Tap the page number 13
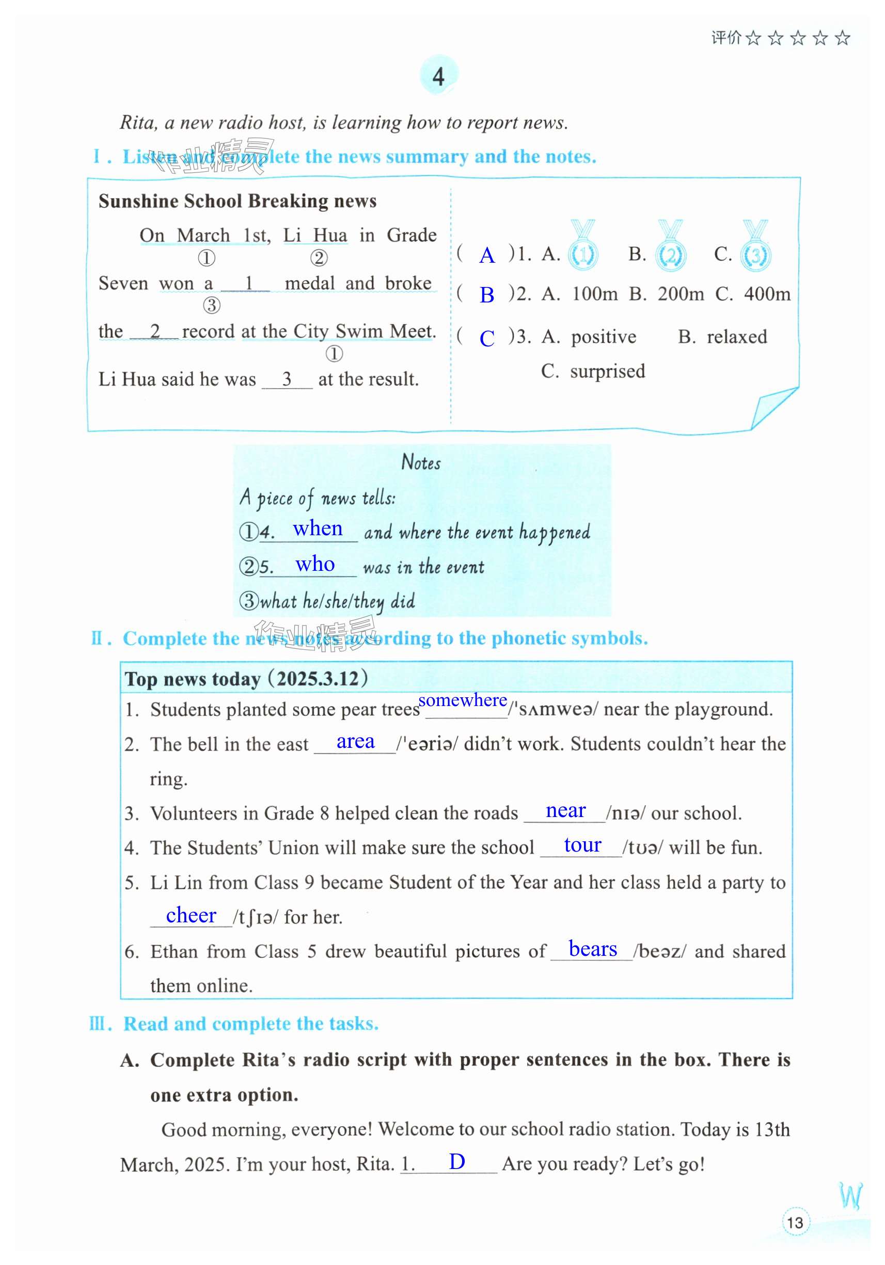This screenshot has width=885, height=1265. [795, 1223]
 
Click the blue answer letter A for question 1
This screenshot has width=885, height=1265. [486, 255]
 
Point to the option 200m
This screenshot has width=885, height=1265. [680, 294]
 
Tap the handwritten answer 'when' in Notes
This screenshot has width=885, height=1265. [318, 529]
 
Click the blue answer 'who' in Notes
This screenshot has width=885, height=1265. [314, 564]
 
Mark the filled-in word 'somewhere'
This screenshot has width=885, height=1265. [462, 700]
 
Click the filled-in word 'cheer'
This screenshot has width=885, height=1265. [191, 915]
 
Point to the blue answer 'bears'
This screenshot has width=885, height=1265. [592, 949]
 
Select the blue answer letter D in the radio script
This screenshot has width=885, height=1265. [457, 1161]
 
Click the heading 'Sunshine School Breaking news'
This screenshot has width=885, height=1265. [238, 201]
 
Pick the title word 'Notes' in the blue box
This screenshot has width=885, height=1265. [421, 462]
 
